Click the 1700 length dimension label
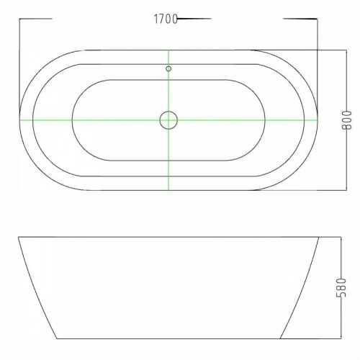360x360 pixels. (x=166, y=19)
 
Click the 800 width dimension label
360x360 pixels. (x=346, y=120)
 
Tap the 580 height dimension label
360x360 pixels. (x=341, y=288)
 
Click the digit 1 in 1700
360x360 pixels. (x=156, y=19)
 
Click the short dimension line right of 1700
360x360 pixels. (x=194, y=18)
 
